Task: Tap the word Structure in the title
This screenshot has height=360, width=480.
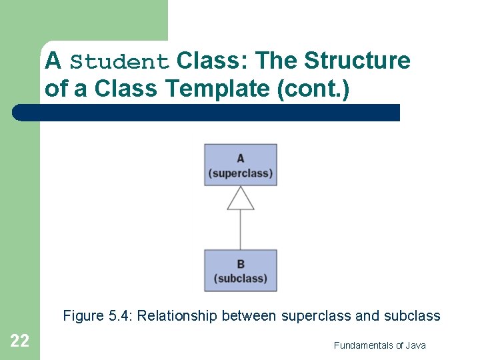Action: tap(357, 61)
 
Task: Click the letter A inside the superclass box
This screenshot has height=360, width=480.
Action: tap(241, 158)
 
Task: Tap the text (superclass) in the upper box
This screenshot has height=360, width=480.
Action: tap(241, 173)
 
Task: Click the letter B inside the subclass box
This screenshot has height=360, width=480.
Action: tap(241, 264)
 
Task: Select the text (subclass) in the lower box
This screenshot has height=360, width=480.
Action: tap(241, 279)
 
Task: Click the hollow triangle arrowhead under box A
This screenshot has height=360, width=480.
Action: tap(241, 198)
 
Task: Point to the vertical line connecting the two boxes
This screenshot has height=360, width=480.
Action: tap(241, 230)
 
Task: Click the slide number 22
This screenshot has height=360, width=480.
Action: tap(19, 341)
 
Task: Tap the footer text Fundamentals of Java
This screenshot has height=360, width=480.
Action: tap(379, 345)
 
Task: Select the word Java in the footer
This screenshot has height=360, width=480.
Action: tap(415, 345)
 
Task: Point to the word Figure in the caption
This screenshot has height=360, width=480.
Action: tap(83, 316)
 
